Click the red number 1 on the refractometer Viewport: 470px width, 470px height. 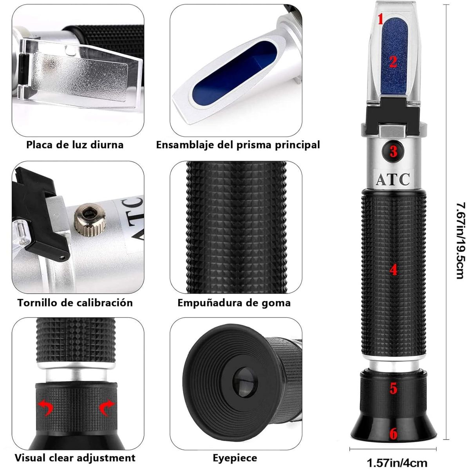381,20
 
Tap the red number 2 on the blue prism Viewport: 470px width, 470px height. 393,62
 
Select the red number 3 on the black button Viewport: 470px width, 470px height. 393,152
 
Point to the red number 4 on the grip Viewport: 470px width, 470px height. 393,270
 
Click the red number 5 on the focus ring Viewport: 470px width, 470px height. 393,389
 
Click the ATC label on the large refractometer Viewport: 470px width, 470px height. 393,179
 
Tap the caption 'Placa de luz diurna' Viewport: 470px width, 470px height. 75,145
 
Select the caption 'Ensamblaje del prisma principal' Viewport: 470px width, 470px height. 238,145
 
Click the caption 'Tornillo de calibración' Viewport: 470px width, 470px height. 75,303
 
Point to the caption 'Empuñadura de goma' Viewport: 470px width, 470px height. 234,303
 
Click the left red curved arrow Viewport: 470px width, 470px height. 45,408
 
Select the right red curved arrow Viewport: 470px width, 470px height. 107,408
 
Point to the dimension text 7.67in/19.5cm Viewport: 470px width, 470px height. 460,240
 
